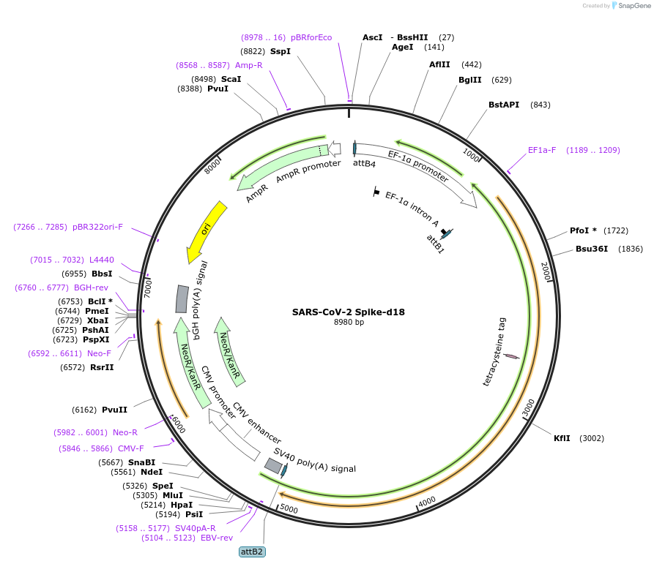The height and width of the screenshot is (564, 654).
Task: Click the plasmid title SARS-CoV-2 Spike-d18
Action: click(x=348, y=312)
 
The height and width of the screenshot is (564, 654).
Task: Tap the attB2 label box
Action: click(x=252, y=552)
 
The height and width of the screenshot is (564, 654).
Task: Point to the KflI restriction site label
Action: click(x=562, y=438)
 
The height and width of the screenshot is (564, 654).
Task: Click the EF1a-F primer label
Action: click(x=542, y=150)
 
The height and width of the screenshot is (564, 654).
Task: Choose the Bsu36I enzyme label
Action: click(x=592, y=249)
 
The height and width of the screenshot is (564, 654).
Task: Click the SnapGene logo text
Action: click(x=634, y=6)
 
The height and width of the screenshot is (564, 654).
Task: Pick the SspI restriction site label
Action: click(x=280, y=51)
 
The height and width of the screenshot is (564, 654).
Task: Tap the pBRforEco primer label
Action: click(x=311, y=37)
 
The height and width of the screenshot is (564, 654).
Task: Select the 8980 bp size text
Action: click(x=349, y=322)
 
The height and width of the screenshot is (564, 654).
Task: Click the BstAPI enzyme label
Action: click(x=504, y=105)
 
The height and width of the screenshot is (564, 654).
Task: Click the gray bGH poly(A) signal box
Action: click(x=182, y=298)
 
